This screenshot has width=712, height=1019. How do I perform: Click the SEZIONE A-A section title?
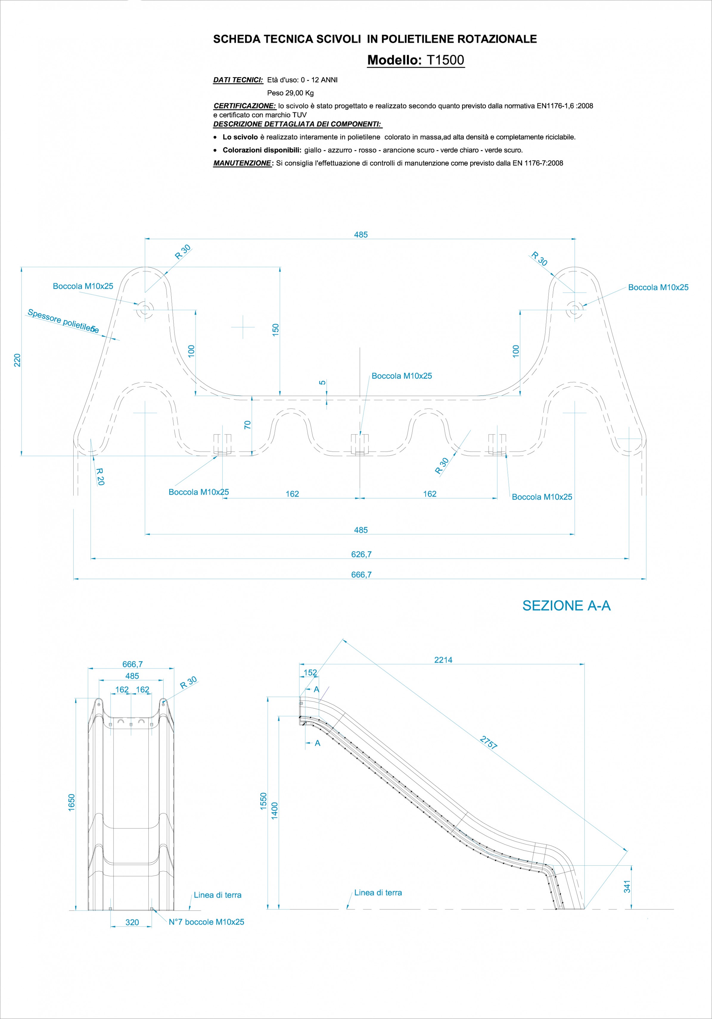[x=566, y=606]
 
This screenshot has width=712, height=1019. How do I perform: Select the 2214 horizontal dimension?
[x=443, y=660]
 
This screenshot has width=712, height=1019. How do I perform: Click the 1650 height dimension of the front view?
[x=72, y=803]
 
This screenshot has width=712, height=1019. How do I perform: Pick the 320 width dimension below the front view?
[x=132, y=922]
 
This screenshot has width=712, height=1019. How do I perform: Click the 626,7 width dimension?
[x=361, y=554]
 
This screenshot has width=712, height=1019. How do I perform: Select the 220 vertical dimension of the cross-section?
[x=17, y=360]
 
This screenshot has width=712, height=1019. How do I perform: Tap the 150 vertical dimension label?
[x=276, y=330]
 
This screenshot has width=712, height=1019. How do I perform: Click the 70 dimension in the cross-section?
[x=248, y=425]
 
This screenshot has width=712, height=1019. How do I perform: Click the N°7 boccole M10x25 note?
[x=206, y=922]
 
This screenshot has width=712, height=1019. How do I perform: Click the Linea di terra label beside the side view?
[x=378, y=892]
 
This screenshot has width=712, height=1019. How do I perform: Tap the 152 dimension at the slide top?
[x=310, y=672]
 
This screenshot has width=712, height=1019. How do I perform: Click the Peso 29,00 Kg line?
[x=290, y=93]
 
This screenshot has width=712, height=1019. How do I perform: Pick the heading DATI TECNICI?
[x=238, y=80]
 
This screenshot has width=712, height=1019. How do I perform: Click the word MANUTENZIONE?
[x=242, y=163]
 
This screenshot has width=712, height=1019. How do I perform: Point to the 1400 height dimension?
[x=274, y=811]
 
